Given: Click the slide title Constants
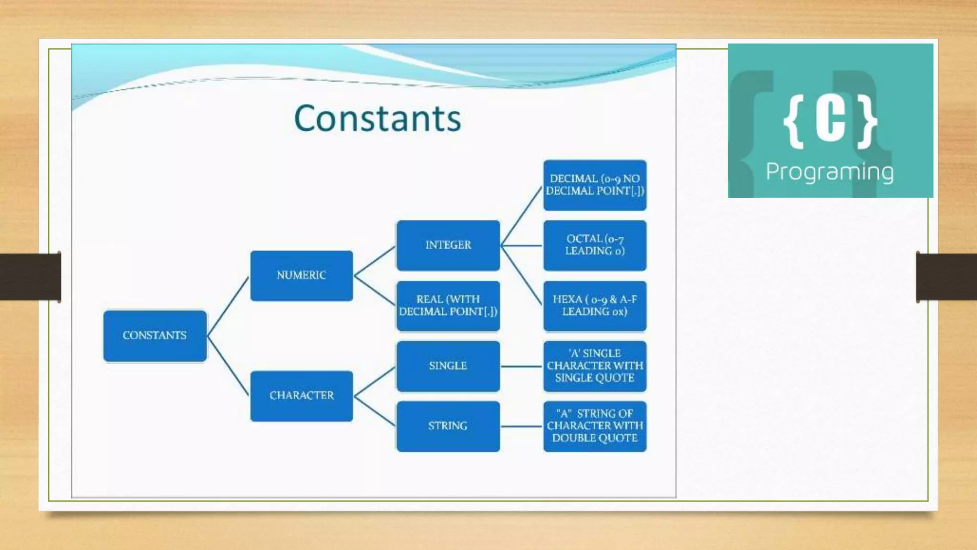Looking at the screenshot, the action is coord(377,118).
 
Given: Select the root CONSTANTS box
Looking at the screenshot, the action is coord(155,336).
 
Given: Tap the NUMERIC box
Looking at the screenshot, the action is coord(301,275).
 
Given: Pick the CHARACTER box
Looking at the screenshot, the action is coord(301,396).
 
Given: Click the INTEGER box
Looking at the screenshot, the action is coord(448,245).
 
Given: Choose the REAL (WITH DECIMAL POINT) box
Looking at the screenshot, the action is coord(448,306).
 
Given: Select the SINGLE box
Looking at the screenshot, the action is coord(448,366).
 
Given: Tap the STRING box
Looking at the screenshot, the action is coord(448,426).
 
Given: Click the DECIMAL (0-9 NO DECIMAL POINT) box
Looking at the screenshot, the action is coord(595,185).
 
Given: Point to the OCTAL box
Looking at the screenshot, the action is coord(595,245).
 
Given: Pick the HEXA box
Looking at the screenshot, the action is coord(595,306).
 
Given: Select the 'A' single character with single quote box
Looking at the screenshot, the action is coord(595,366).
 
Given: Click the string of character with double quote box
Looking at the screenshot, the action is coord(595,426).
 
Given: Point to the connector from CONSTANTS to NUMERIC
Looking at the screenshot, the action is coord(228,307).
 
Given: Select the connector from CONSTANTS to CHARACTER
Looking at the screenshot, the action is coord(228,366).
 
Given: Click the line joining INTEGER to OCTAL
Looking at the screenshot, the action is coord(521,246).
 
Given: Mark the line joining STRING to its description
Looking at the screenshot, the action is coord(521,426).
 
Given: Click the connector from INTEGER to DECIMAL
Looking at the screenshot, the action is coord(521,216).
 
